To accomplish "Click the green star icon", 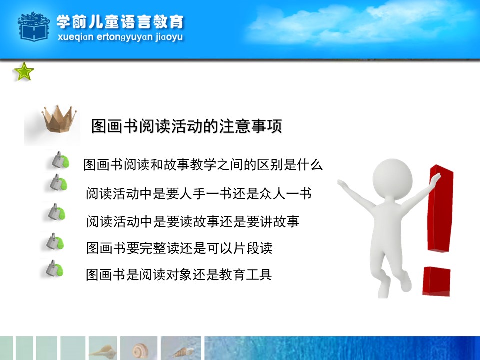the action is [24, 71].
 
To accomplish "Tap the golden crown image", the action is [59, 119].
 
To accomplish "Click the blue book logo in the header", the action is [33, 27].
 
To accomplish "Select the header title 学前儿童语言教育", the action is [120, 22].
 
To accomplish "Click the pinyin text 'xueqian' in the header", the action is [75, 37].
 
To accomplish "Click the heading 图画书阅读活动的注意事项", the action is [186, 126].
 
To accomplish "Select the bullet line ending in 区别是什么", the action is [203, 164].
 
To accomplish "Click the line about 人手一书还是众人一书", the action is [199, 193].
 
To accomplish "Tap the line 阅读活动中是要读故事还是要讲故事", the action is [193, 221].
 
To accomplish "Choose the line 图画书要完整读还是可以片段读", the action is [179, 248].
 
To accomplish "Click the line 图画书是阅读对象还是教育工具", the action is [179, 274].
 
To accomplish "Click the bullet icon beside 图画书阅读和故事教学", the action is [60, 160].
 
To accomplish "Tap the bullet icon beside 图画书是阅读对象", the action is [54, 269].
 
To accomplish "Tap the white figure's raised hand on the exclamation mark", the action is [436, 179].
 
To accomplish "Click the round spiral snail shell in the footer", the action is [139, 350].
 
